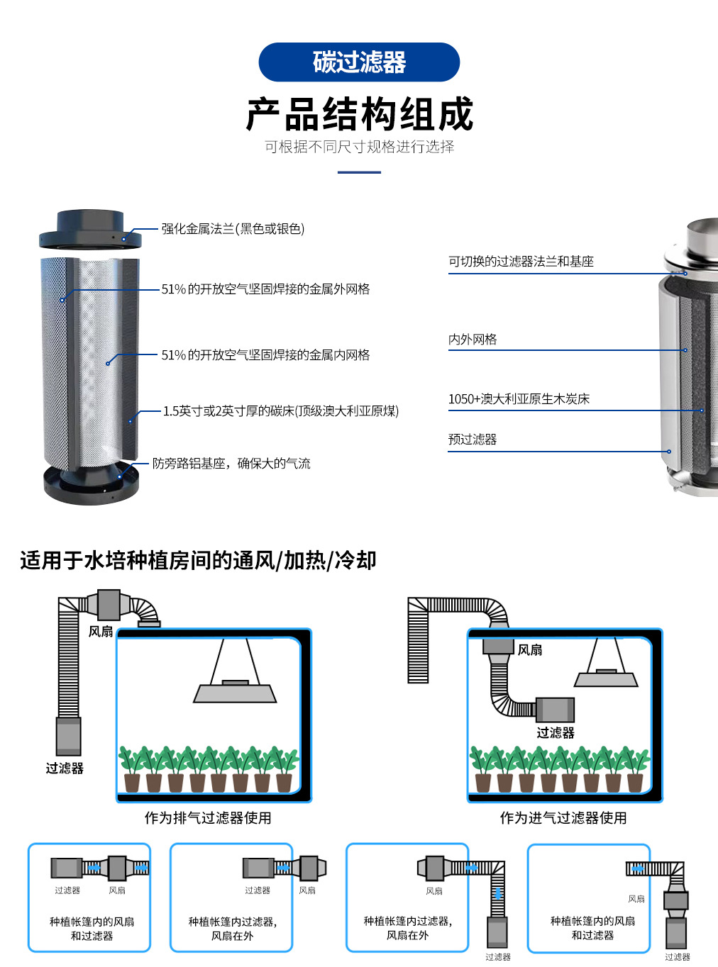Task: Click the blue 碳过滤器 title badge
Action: [x=359, y=62]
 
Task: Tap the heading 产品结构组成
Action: [x=359, y=114]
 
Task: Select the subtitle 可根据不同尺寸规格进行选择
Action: [x=359, y=147]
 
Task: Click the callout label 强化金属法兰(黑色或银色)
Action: [x=233, y=229]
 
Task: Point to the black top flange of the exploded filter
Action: [x=90, y=229]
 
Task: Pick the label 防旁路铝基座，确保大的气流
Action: [x=231, y=464]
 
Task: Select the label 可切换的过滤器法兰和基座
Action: [x=521, y=262]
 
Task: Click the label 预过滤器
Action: [x=473, y=440]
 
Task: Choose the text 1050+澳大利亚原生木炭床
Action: [x=519, y=399]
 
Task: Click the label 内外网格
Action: [x=473, y=340]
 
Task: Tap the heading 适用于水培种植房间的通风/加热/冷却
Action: [x=198, y=560]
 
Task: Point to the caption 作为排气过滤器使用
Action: [x=208, y=818]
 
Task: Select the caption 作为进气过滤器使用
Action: [x=563, y=818]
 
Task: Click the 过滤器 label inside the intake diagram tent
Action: [x=556, y=733]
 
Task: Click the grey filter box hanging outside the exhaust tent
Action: [x=69, y=736]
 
